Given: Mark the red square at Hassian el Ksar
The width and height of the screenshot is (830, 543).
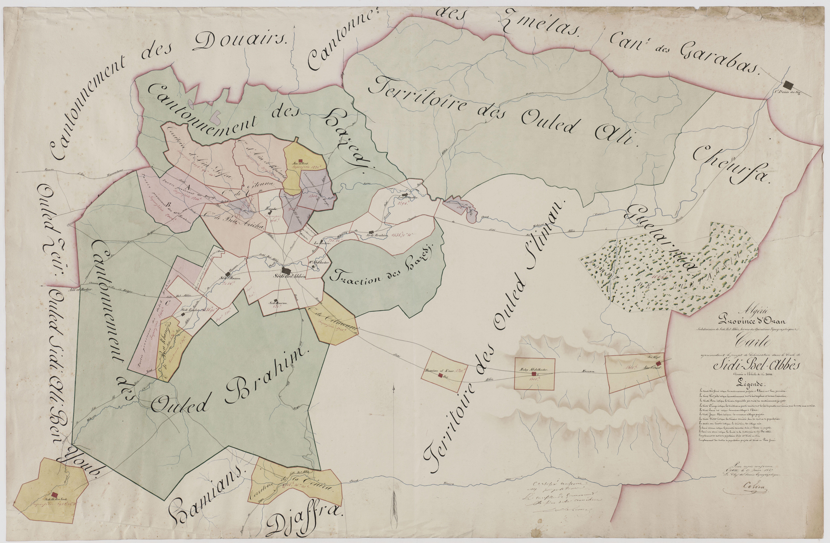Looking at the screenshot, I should click(440, 375).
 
